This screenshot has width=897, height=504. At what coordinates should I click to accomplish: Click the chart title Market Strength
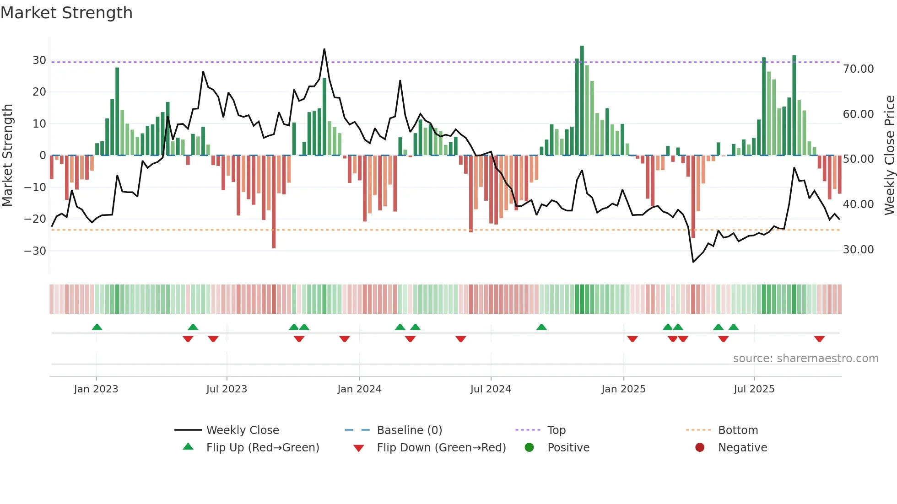[x=66, y=13]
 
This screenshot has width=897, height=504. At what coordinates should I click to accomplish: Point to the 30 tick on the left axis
[x=39, y=60]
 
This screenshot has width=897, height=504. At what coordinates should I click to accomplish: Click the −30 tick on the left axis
[x=35, y=251]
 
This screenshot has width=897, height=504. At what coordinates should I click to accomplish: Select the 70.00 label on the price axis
[x=858, y=69]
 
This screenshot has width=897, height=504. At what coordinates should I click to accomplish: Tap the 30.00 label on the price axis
[x=858, y=250]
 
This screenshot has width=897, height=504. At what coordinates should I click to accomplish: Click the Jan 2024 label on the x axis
[x=359, y=389]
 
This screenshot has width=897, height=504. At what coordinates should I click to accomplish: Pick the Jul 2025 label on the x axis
[x=754, y=389]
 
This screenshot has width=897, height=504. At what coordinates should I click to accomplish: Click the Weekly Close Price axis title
[x=889, y=155]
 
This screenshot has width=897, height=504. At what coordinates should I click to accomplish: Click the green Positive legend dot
[x=530, y=448]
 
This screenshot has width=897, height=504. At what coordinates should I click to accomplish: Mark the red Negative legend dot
[x=700, y=448]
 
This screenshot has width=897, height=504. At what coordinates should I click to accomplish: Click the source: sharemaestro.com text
[x=805, y=359]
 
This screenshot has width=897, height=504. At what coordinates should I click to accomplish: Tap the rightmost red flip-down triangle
[x=819, y=339]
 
